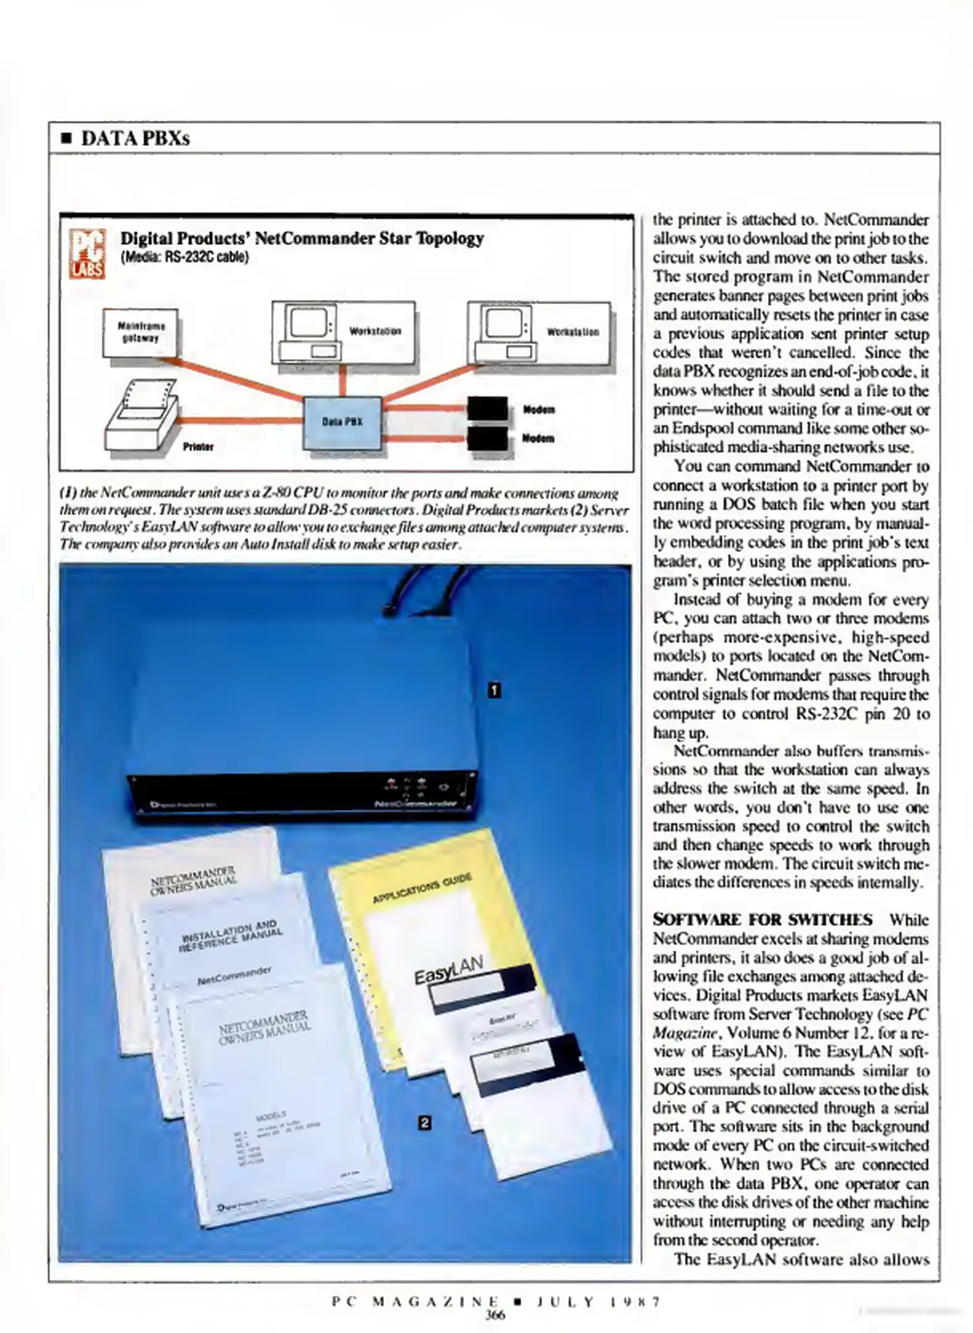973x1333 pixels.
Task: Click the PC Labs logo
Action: pos(86,253)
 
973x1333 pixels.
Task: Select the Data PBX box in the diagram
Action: pos(342,423)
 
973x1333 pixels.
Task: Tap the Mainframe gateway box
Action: pos(140,333)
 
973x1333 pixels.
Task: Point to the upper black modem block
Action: pos(487,408)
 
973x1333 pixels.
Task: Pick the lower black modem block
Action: pos(487,438)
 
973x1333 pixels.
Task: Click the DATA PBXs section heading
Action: pos(135,138)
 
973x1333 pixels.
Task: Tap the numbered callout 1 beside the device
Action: pos(494,690)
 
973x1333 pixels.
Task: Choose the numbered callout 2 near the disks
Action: pos(424,1122)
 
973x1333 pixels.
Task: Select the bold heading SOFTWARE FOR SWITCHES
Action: pos(763,920)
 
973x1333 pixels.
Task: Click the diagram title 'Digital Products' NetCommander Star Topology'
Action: pos(302,238)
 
